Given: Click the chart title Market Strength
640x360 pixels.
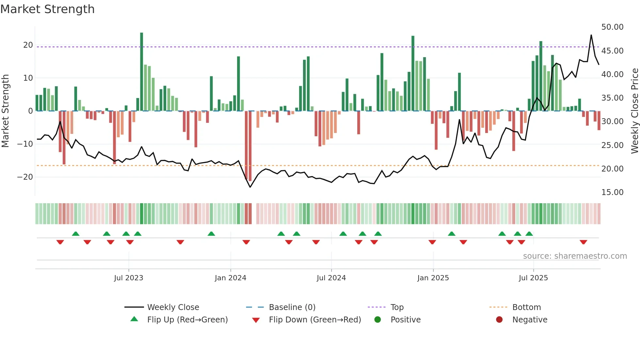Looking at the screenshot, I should click(47, 9).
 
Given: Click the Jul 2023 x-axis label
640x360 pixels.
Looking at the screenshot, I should click(128, 278).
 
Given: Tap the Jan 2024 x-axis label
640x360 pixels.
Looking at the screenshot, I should click(230, 278).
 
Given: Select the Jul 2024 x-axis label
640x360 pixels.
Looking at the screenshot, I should click(331, 278).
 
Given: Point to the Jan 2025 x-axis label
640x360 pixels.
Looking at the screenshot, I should click(433, 278).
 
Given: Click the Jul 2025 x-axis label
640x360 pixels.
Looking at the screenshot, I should click(533, 278).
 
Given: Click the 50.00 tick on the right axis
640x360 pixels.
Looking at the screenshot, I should click(612, 27).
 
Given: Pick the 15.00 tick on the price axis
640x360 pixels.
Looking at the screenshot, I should click(612, 192).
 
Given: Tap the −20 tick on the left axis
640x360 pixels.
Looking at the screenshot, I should click(25, 177).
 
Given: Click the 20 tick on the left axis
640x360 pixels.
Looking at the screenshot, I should click(28, 45).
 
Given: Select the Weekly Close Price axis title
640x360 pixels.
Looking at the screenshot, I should click(634, 111).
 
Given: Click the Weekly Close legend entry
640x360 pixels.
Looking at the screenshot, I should click(173, 307).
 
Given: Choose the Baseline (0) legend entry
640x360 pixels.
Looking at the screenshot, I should click(292, 307).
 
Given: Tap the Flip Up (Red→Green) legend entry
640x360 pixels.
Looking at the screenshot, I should click(187, 320).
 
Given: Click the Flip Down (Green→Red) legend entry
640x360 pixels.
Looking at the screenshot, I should click(314, 320).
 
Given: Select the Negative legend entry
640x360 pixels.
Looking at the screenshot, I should click(529, 320).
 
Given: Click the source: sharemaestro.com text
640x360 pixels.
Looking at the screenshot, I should click(575, 256).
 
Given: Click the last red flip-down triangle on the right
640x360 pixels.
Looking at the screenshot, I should click(584, 242).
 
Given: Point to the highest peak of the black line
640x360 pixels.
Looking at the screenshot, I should click(591, 35).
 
